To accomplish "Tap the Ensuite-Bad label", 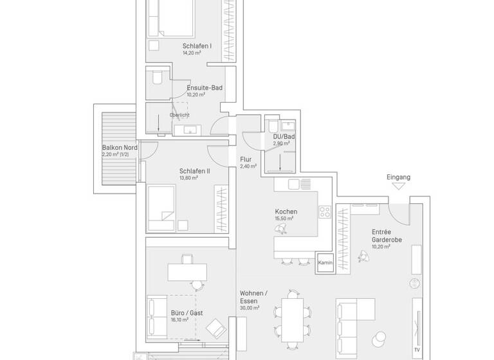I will pyautogui.click(x=205, y=87).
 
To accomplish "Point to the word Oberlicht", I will pyautogui.click(x=179, y=115).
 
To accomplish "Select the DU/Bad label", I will pyautogui.click(x=284, y=137).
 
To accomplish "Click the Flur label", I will pyautogui.click(x=245, y=159).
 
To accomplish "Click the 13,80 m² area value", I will pyautogui.click(x=188, y=178).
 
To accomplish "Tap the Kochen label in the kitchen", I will pyautogui.click(x=286, y=212).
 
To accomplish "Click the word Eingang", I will pyautogui.click(x=398, y=176).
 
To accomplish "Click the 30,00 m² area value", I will pyautogui.click(x=249, y=309).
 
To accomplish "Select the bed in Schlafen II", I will pyautogui.click(x=161, y=206).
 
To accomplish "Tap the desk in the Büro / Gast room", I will pyautogui.click(x=187, y=272).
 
